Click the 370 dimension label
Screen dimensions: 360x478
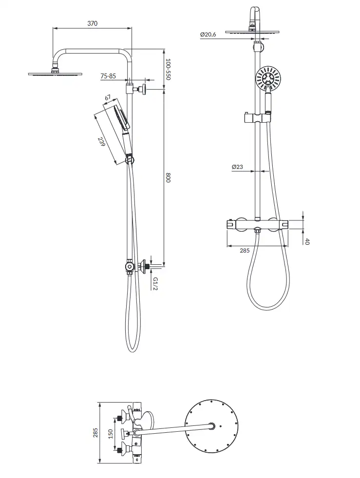coord(92,23)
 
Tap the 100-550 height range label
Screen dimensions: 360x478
coord(168,69)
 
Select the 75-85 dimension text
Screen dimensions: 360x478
coord(108,76)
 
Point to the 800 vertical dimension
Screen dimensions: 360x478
coord(168,177)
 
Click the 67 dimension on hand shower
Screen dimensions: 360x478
coord(108,98)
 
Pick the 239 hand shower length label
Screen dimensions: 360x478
coord(101,142)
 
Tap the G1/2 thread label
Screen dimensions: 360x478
coord(155,283)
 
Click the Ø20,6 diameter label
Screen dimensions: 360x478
coord(208,35)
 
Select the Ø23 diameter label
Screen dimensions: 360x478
coord(237,167)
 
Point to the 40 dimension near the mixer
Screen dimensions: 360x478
coord(307,241)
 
